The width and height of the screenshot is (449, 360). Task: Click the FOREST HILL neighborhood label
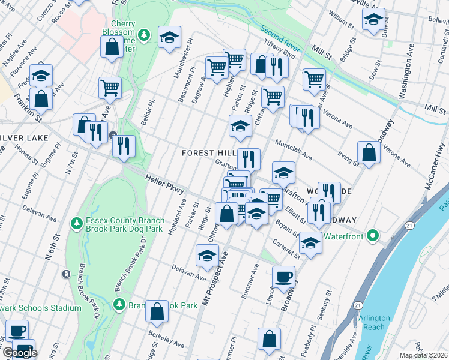point(207,153)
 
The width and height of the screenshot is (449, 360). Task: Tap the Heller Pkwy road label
point(164,183)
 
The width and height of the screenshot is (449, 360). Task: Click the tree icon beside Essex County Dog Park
point(76,224)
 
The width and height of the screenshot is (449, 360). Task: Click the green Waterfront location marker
point(372,236)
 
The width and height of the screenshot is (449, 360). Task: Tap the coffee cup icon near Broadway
point(283,277)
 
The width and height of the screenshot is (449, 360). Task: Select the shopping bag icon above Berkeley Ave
point(157,311)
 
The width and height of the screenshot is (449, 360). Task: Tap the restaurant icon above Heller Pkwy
point(124,146)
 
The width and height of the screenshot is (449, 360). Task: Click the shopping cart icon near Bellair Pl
point(110,88)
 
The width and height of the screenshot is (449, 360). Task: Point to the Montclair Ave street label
point(294,149)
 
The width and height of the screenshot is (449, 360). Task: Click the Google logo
point(20,353)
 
